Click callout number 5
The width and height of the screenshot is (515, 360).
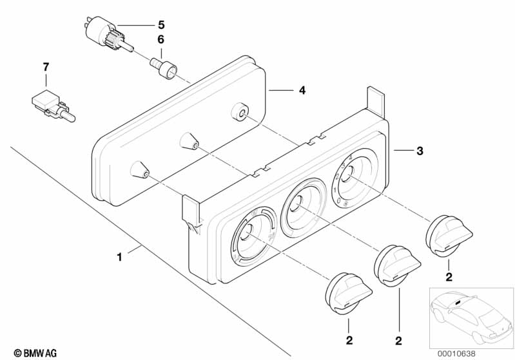(x=161, y=25)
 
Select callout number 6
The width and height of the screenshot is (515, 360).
(x=160, y=39)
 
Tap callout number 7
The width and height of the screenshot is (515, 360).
(x=46, y=67)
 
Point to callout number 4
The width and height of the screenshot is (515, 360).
(x=302, y=90)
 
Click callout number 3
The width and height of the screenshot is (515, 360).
(x=420, y=151)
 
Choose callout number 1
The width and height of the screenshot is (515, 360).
(x=119, y=257)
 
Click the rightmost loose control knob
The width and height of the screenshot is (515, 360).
(x=449, y=235)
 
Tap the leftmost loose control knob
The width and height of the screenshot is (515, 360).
(x=348, y=293)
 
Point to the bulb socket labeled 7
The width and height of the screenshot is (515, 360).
(x=53, y=106)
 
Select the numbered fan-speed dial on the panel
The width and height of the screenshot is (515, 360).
(x=354, y=178)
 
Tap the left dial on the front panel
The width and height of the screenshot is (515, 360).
(x=253, y=236)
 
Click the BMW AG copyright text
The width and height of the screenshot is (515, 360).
(x=35, y=353)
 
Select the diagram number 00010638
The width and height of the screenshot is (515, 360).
(x=456, y=354)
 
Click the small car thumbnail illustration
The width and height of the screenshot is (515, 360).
(x=471, y=317)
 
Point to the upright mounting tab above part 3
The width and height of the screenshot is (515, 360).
(x=375, y=102)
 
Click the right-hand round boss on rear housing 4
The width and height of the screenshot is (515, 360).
(x=239, y=113)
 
